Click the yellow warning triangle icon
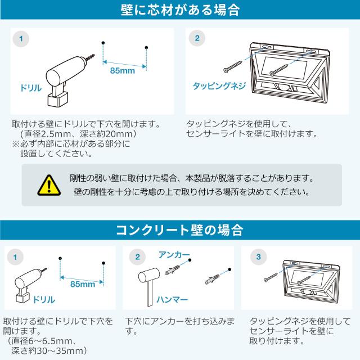[49, 186]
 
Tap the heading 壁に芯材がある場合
[180, 10]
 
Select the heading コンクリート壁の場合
[179, 230]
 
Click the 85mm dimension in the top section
[123, 70]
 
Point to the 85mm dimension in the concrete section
[83, 284]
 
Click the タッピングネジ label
[219, 86]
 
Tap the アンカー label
[174, 255]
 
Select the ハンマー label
[172, 299]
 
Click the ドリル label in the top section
[31, 88]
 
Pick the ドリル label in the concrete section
[44, 300]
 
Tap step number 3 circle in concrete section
[259, 256]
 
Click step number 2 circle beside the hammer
[137, 256]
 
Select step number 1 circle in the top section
[21, 39]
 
